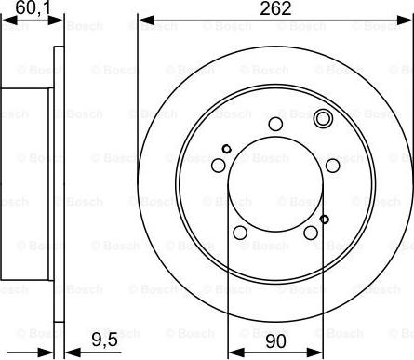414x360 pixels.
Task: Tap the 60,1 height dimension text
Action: tap(25, 9)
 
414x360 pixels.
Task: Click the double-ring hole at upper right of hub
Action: tap(323, 119)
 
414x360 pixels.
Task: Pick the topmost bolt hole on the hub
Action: tap(274, 126)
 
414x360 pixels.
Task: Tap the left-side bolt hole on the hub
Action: tap(219, 166)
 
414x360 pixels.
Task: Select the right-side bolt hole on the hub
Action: tap(332, 166)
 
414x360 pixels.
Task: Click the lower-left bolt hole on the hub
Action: tap(240, 233)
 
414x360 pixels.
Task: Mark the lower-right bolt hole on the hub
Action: tap(311, 233)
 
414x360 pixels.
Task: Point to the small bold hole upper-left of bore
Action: tap(226, 149)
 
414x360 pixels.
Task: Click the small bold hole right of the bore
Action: tap(324, 219)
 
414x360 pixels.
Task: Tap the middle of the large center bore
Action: tap(274, 186)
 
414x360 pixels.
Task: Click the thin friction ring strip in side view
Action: tap(58, 186)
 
